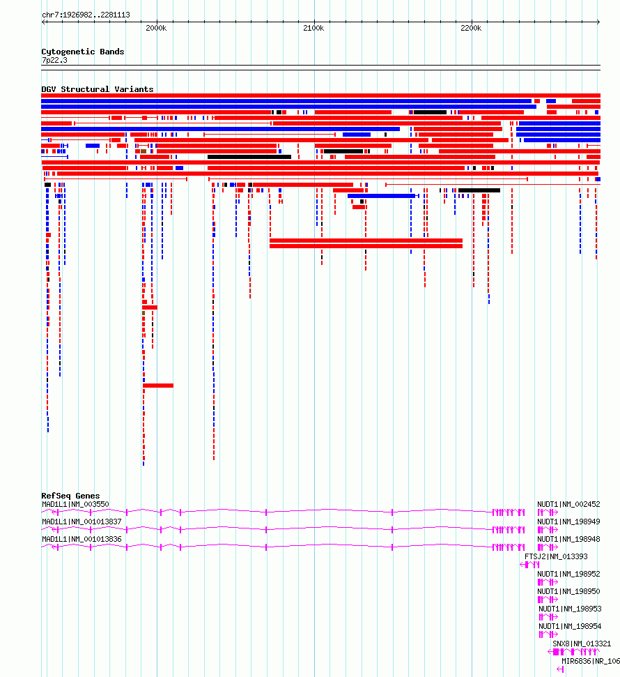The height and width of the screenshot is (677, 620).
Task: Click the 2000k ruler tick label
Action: point(156,28)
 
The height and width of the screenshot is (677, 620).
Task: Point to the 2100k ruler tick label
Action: point(313,28)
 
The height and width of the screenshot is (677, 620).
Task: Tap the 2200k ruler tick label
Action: point(471,28)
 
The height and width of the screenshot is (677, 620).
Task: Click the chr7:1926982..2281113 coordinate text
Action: point(86,15)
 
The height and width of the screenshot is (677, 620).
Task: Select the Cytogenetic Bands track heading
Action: point(83,52)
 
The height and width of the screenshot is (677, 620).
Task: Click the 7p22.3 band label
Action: point(54,60)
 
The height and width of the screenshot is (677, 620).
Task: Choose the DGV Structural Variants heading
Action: point(98,89)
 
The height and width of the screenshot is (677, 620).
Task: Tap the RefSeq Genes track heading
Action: point(71,496)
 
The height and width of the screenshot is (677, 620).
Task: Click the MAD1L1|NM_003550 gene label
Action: point(75,504)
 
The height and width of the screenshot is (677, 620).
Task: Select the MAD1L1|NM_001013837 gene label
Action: point(82,522)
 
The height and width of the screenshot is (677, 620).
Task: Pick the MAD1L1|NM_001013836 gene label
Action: point(82,539)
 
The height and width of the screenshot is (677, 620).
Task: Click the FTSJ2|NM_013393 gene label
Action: point(556,556)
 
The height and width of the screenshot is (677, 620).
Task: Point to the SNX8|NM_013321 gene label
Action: point(582,644)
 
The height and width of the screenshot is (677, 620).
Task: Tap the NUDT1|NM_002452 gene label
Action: point(568,504)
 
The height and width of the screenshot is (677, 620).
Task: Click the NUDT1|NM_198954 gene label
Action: point(570,626)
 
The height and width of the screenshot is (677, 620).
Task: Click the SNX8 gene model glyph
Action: point(573,651)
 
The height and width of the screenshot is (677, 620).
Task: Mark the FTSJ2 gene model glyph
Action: point(529,564)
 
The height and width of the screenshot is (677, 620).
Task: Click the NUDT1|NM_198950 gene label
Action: point(568,591)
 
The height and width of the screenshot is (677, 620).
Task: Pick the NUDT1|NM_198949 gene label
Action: point(568,522)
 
